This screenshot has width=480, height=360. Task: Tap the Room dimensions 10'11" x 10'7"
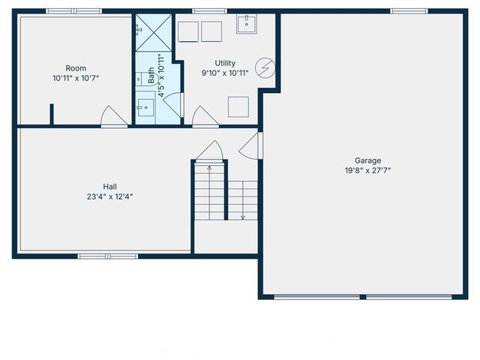(76, 78)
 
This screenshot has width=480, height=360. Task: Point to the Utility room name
(225, 63)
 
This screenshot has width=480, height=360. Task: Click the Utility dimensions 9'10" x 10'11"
(225, 73)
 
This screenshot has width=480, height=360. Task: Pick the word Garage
(368, 160)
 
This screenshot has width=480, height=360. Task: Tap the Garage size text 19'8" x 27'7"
(368, 170)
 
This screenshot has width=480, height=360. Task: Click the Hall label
(109, 187)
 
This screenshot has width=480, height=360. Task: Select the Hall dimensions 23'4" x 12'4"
(109, 196)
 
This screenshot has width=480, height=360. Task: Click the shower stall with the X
(154, 32)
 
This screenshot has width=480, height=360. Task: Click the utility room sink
(246, 25)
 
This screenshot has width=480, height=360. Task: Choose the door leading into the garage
(250, 144)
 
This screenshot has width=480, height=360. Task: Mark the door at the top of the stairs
(209, 151)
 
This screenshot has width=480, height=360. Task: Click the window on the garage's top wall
(409, 10)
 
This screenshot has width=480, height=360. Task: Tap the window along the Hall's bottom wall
(97, 256)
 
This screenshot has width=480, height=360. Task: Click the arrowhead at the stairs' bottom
(243, 217)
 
